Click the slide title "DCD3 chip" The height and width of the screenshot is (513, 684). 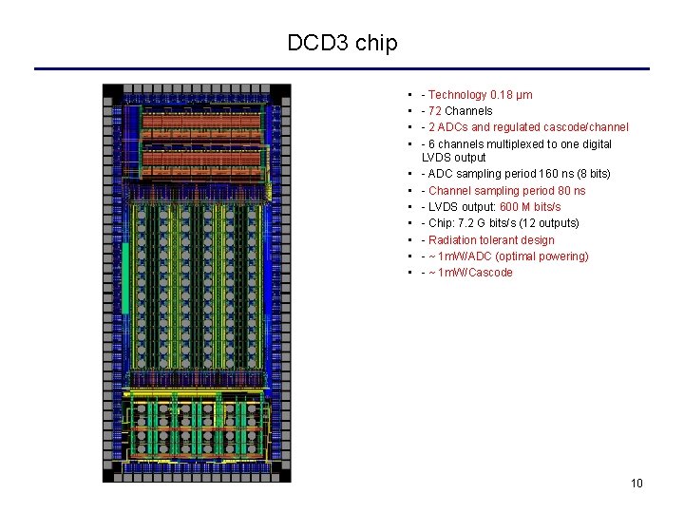342,43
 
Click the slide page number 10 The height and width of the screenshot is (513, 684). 636,484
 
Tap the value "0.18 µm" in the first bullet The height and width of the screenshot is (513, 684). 512,95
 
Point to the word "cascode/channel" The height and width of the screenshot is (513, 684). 588,127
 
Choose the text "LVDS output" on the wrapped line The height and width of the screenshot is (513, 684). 453,158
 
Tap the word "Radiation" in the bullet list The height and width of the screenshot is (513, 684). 452,240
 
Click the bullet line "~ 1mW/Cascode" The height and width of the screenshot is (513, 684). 470,273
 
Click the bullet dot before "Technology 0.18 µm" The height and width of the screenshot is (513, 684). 408,95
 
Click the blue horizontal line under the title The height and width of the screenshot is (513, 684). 342,68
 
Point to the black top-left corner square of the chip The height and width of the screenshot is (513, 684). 112,93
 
